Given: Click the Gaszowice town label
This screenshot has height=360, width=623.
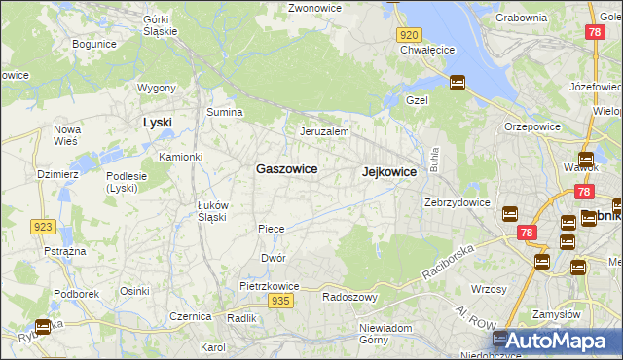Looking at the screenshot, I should pos(286,168).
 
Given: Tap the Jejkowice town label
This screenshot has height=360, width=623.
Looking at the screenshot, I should pos(389,171).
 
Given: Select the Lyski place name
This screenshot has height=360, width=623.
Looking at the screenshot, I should pos(157,122).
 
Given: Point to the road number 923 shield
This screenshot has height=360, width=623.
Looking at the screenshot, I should pos(42,227).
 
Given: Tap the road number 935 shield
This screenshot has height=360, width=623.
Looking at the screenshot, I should pos(280,302).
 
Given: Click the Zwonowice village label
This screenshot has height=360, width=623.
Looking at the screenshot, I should pos(314,8).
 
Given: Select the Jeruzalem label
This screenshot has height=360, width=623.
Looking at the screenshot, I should pos(324,131).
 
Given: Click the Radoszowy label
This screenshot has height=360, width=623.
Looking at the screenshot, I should pos(349,297).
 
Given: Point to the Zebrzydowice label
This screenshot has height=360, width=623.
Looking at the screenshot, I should pos(457,202).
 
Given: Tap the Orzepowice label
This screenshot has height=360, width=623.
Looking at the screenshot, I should pos(531,126).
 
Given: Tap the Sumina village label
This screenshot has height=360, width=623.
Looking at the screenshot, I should pos(224,112).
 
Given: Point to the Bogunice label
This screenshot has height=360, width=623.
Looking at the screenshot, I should pos(94,44).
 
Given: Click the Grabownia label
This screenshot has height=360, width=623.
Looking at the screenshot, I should pos(521,17).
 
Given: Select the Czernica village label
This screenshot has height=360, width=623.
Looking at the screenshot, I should pos(191,316).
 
